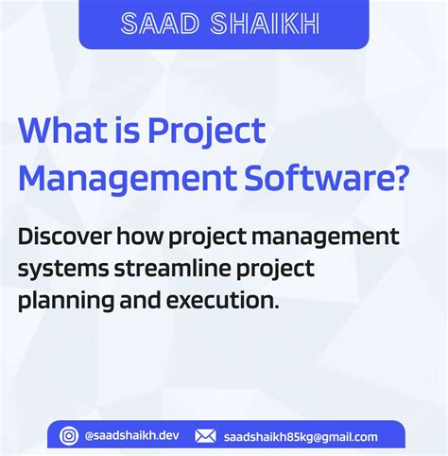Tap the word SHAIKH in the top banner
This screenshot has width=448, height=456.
tap(269, 24)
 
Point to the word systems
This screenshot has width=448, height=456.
tap(60, 270)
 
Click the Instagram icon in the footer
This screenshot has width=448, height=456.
tap(69, 436)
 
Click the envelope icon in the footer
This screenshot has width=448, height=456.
tap(205, 436)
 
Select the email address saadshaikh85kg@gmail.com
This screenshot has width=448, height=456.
tap(301, 436)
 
